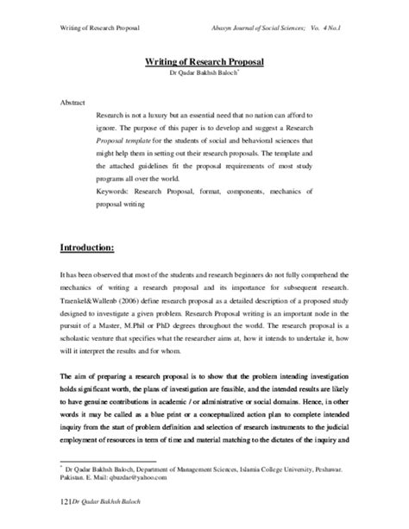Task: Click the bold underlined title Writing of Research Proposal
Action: click(204, 62)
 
